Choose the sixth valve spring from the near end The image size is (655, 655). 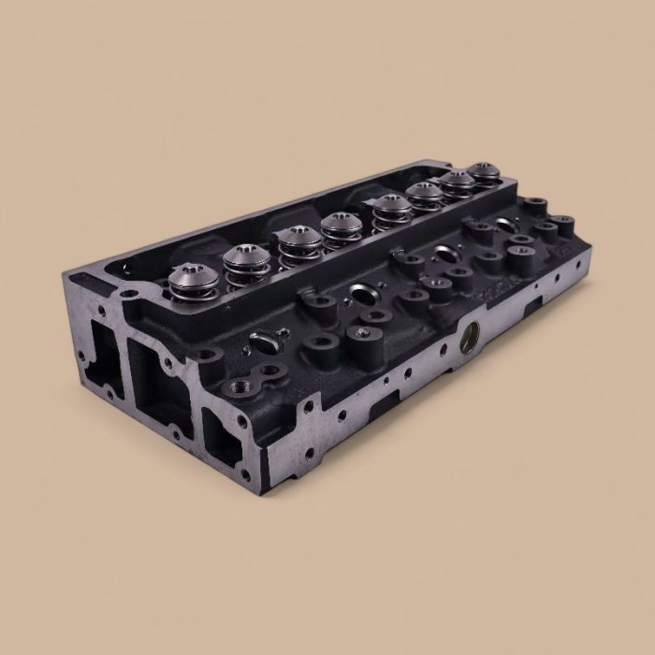tap(424, 194)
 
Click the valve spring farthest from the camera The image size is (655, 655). tap(483, 172)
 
